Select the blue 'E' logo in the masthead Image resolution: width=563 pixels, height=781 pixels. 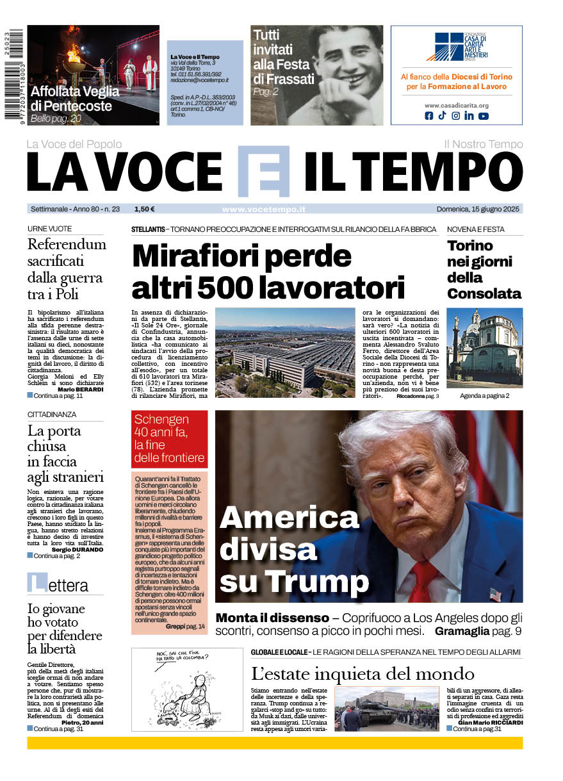[263, 171]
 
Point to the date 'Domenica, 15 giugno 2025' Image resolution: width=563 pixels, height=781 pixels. [479, 209]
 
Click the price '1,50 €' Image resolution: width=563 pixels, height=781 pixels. [145, 209]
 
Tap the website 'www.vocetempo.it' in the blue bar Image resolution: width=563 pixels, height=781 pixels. [263, 209]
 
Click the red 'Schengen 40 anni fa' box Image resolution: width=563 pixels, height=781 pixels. [170, 439]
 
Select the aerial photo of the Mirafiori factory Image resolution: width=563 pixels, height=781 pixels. [285, 352]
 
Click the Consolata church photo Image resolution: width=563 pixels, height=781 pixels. [484, 348]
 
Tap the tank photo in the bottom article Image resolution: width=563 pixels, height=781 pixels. [386, 709]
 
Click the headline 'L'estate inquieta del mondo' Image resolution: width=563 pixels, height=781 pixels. [363, 673]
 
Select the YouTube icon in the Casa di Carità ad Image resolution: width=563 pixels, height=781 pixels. [483, 116]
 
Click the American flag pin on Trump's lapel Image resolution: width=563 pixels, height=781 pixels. [495, 594]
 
